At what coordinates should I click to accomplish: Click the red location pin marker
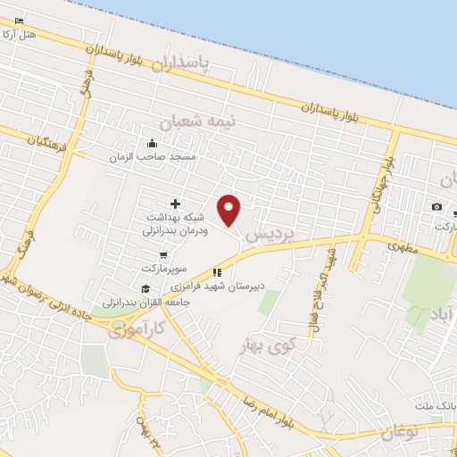coord(229,208)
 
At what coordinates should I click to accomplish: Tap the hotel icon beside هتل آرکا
coord(20,20)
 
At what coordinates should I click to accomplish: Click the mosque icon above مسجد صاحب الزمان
coord(153,143)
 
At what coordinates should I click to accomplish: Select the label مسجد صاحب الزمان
coord(165,156)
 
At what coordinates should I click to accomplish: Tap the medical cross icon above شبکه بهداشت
coord(175,204)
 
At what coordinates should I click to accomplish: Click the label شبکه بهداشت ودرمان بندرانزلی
coord(175,223)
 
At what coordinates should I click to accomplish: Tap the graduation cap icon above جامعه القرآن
coord(145,287)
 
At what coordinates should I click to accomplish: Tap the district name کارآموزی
coord(137,332)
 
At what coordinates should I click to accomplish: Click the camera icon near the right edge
coord(436,207)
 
